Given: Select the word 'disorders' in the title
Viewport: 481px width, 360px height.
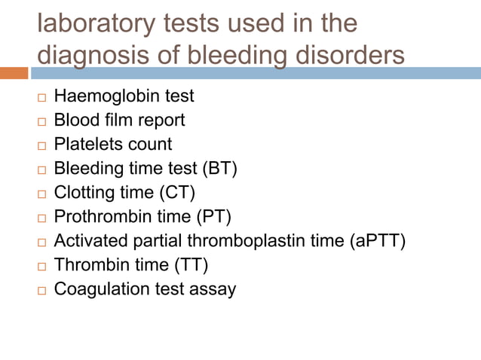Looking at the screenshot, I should coord(343,56).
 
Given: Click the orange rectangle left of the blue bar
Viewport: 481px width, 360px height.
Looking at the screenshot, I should coord(14,73).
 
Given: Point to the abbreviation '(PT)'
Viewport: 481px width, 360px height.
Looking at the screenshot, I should coord(213,217).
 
